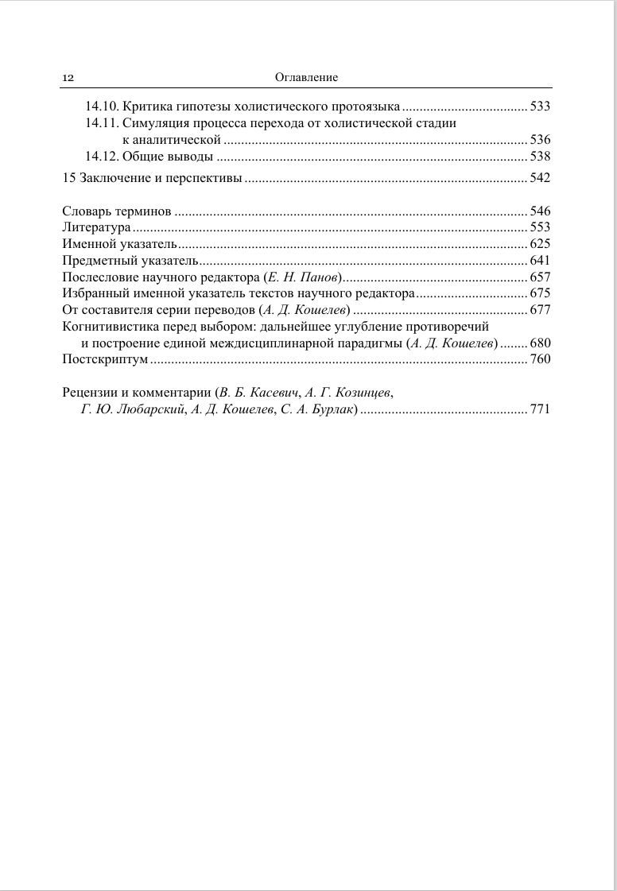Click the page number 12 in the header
(68, 78)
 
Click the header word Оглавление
(306, 78)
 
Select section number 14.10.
(102, 106)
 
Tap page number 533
(540, 106)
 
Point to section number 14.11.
(102, 122)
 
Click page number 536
(540, 139)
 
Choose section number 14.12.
(102, 156)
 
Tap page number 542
(540, 177)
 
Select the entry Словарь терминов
(117, 211)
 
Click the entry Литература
(96, 227)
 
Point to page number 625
(540, 244)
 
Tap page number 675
(540, 293)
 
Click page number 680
(540, 343)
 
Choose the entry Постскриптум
(105, 359)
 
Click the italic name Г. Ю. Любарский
(132, 409)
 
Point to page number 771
(540, 409)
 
